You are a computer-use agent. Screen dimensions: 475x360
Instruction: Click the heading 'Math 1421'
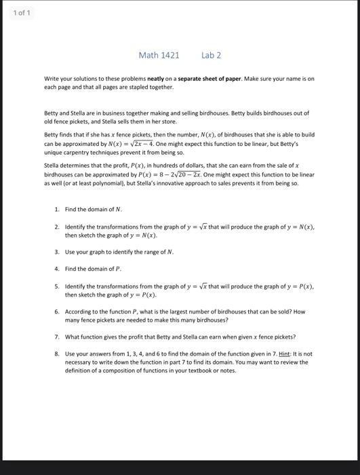159,55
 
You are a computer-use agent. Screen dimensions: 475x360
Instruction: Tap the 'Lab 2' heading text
211,55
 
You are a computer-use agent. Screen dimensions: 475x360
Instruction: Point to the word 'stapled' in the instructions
136,87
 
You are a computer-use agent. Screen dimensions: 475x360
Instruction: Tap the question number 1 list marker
57,210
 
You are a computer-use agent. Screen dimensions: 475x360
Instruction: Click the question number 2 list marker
57,227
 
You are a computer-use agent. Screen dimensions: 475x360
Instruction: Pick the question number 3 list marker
57,252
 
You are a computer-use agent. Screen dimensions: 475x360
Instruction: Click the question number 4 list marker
57,269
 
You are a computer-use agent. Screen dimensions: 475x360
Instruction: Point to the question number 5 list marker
57,286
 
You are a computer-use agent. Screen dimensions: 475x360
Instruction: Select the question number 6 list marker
57,311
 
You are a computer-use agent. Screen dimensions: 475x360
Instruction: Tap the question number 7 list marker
57,337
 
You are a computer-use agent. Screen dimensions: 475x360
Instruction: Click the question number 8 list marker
57,354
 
